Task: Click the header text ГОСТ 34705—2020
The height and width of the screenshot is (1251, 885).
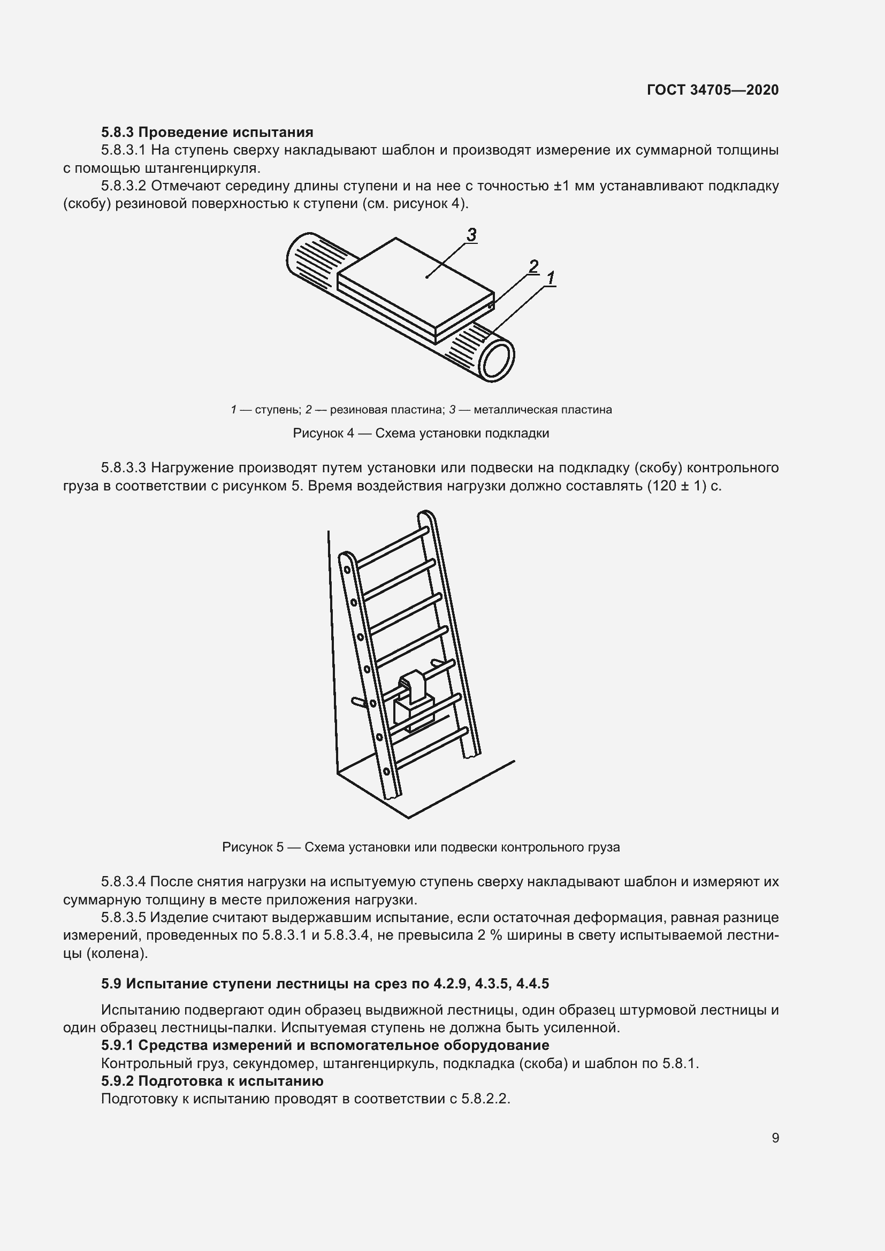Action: (712, 90)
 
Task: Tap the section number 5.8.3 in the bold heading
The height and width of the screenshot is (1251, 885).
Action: (118, 133)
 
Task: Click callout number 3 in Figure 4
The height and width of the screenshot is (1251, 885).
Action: (471, 235)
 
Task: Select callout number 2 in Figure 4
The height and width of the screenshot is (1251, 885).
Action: (533, 266)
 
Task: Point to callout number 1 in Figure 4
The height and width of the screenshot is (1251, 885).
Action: (551, 279)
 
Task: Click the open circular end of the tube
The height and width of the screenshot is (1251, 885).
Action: (496, 360)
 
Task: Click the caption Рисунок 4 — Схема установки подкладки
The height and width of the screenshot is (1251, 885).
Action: (421, 433)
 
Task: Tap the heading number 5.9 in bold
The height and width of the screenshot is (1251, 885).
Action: (111, 984)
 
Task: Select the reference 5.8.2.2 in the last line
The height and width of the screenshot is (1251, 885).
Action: (484, 1099)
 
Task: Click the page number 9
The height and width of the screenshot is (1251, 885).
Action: (775, 1138)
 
